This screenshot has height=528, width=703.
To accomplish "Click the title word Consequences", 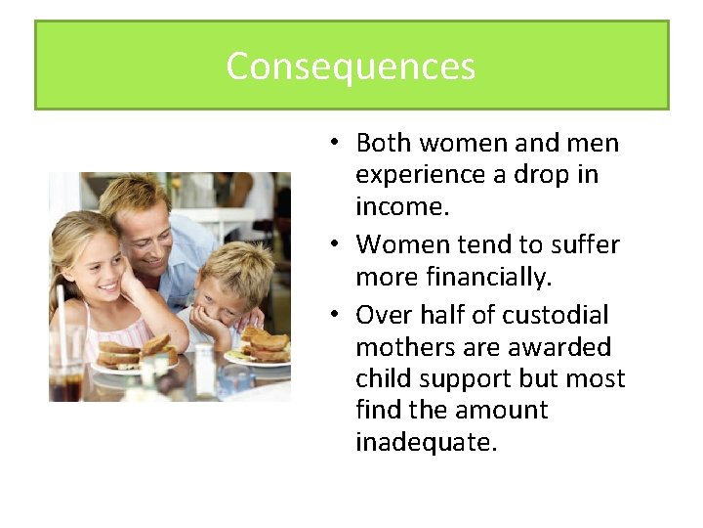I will [x=351, y=66].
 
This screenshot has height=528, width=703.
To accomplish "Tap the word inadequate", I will [x=427, y=442].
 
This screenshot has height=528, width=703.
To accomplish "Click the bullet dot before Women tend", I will [x=334, y=243].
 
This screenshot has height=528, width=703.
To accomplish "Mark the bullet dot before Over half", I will [x=334, y=315].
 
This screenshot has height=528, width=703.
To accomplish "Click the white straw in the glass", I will [x=62, y=313].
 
